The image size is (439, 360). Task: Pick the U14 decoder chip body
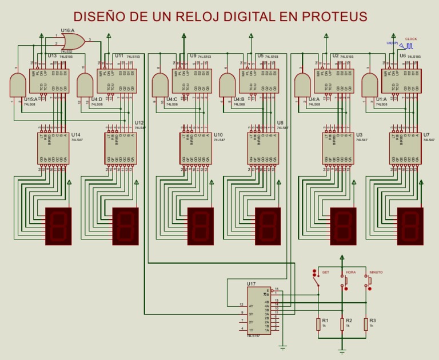[x=53, y=149]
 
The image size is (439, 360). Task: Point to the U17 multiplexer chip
[x=259, y=310]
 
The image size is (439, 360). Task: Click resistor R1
[x=318, y=324]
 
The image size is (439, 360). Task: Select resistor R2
[x=342, y=324]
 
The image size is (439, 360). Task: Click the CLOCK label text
[x=411, y=39]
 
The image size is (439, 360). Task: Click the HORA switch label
[x=350, y=273]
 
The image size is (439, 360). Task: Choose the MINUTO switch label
[x=376, y=273]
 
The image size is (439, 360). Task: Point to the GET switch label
[x=325, y=273]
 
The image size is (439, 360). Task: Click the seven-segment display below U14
[x=58, y=226]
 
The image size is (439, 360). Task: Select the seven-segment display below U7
[x=410, y=226]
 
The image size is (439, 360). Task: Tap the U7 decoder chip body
[x=405, y=149]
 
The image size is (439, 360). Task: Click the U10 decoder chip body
[x=195, y=149]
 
